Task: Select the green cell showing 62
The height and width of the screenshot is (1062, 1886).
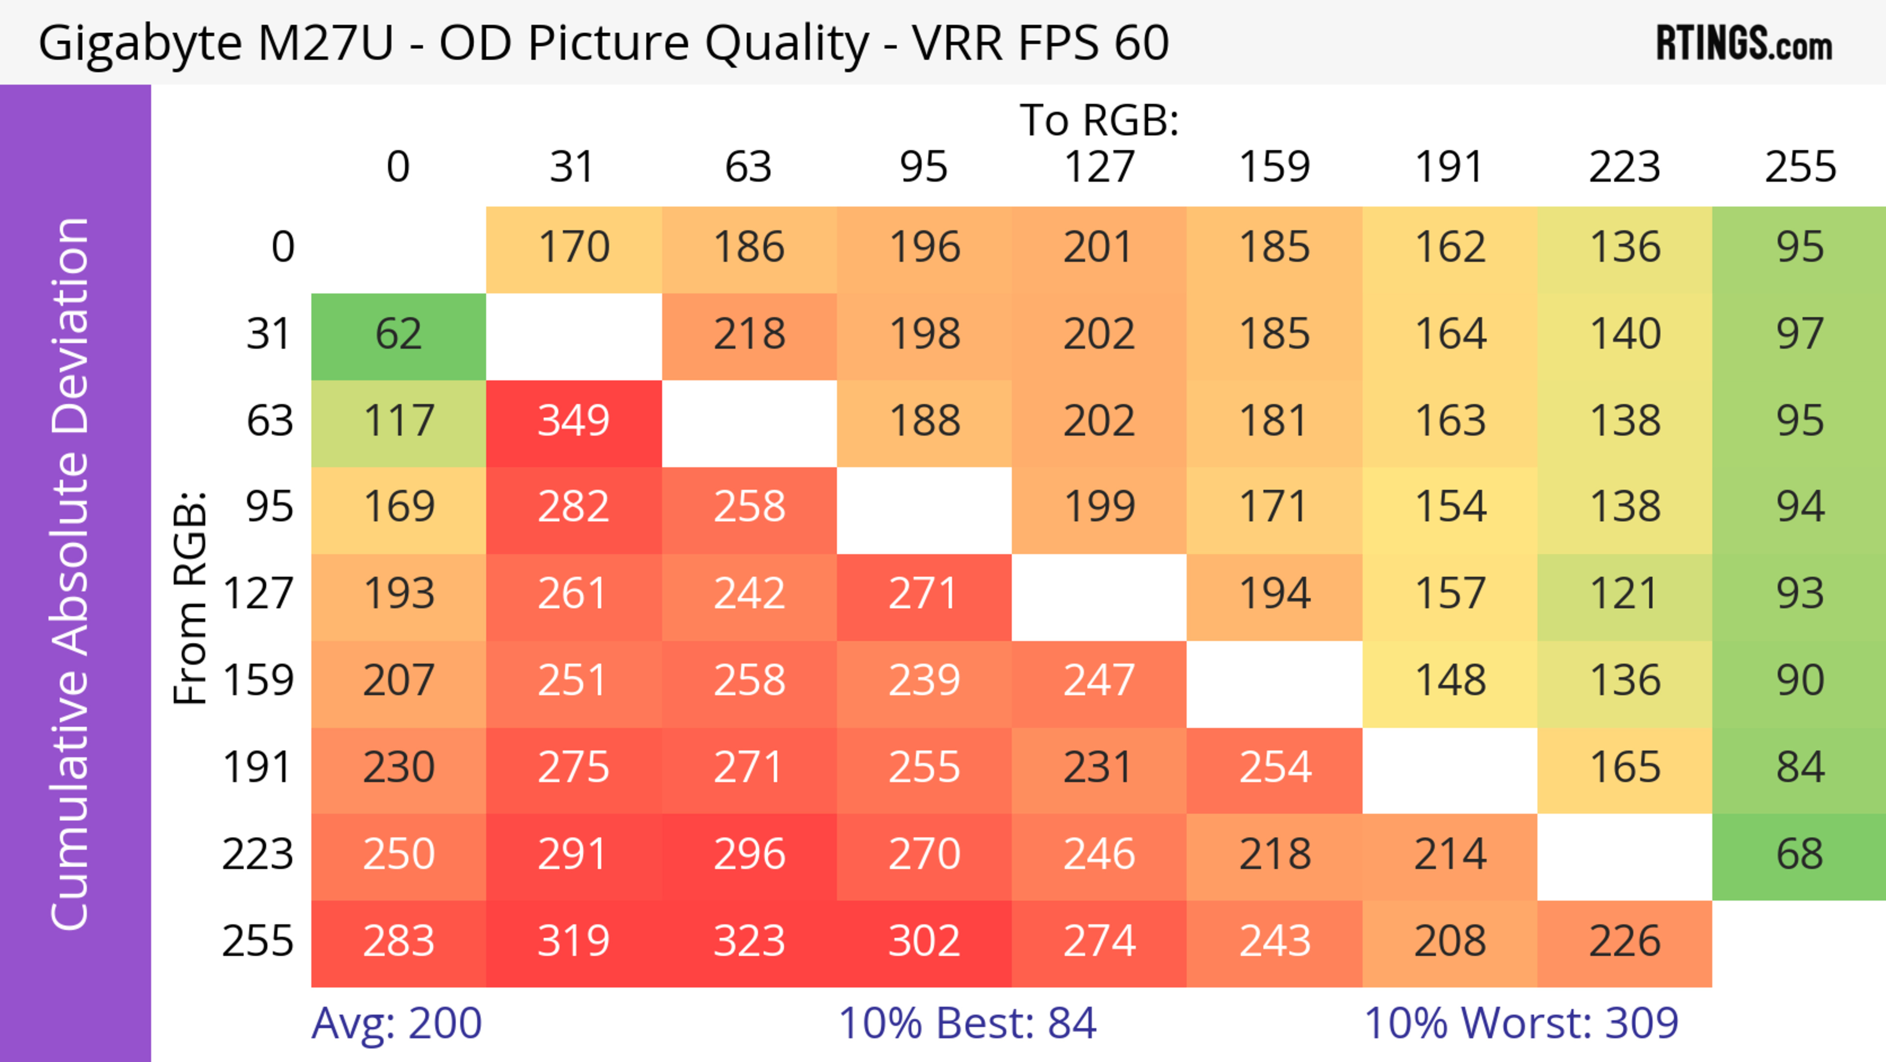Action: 398,335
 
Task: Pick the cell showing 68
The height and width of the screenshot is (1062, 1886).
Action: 1799,855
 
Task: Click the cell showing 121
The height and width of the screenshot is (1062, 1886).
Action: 1624,595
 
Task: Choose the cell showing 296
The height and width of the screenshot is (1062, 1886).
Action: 749,855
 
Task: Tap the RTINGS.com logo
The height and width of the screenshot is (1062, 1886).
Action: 1744,44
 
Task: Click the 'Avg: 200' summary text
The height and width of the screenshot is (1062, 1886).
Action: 396,1023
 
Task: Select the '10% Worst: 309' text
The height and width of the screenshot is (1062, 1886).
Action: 1521,1023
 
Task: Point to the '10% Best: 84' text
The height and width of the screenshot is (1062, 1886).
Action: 967,1023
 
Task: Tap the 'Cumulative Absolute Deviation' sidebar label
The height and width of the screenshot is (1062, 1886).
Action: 71,574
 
